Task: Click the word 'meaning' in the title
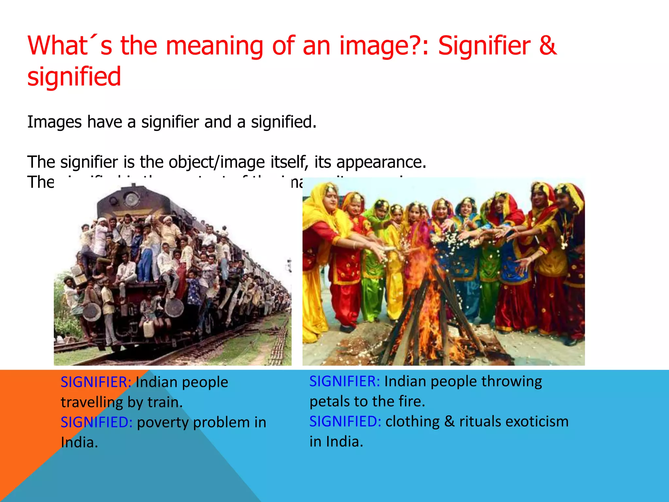tap(214, 46)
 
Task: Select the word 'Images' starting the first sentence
tap(54, 122)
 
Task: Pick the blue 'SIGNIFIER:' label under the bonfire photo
tap(345, 381)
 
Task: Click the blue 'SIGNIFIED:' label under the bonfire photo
tap(345, 422)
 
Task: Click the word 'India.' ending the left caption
tap(79, 443)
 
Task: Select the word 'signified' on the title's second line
tap(74, 77)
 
